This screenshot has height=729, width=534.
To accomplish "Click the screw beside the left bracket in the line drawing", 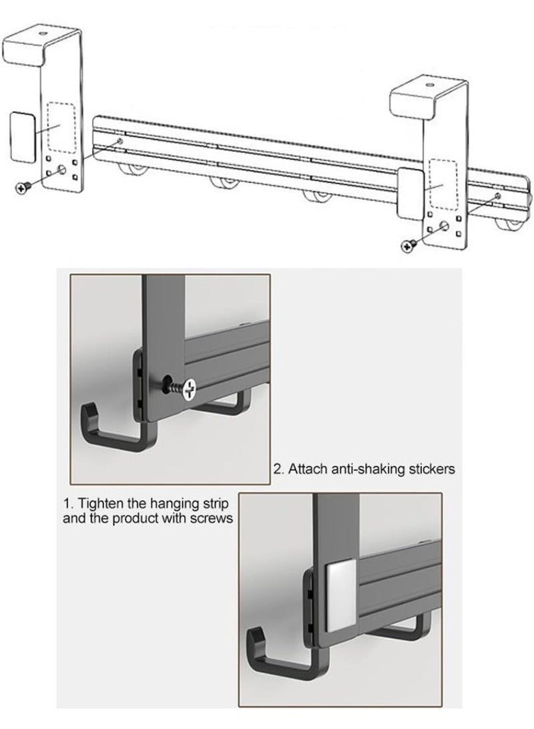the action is point(23,187).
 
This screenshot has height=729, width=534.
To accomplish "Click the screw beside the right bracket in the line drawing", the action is point(409,245).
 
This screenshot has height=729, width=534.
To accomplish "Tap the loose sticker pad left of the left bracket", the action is point(22,137).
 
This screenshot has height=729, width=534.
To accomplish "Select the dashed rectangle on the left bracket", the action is point(61,128).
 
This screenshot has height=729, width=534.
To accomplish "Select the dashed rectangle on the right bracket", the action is point(443,184).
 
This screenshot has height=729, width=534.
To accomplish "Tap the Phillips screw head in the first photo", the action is point(190,390).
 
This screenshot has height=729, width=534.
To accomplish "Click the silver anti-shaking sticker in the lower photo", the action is point(341,595).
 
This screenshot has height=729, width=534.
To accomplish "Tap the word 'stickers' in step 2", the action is point(432,469).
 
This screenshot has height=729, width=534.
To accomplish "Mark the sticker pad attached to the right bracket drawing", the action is point(410,194).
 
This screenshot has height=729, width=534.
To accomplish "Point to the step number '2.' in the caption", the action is point(278,469).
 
